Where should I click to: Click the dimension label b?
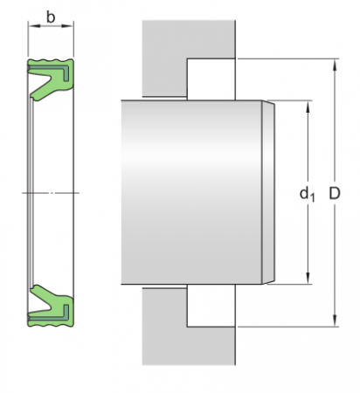tap(52, 17)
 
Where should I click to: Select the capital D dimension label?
tap(334, 193)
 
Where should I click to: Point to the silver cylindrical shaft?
tap(192, 192)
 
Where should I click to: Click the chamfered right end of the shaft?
tap(269, 192)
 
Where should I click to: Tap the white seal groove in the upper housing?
tap(210, 79)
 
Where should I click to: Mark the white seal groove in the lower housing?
tap(210, 306)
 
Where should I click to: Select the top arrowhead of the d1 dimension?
tap(308, 106)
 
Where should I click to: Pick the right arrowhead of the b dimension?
tap(73, 27)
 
